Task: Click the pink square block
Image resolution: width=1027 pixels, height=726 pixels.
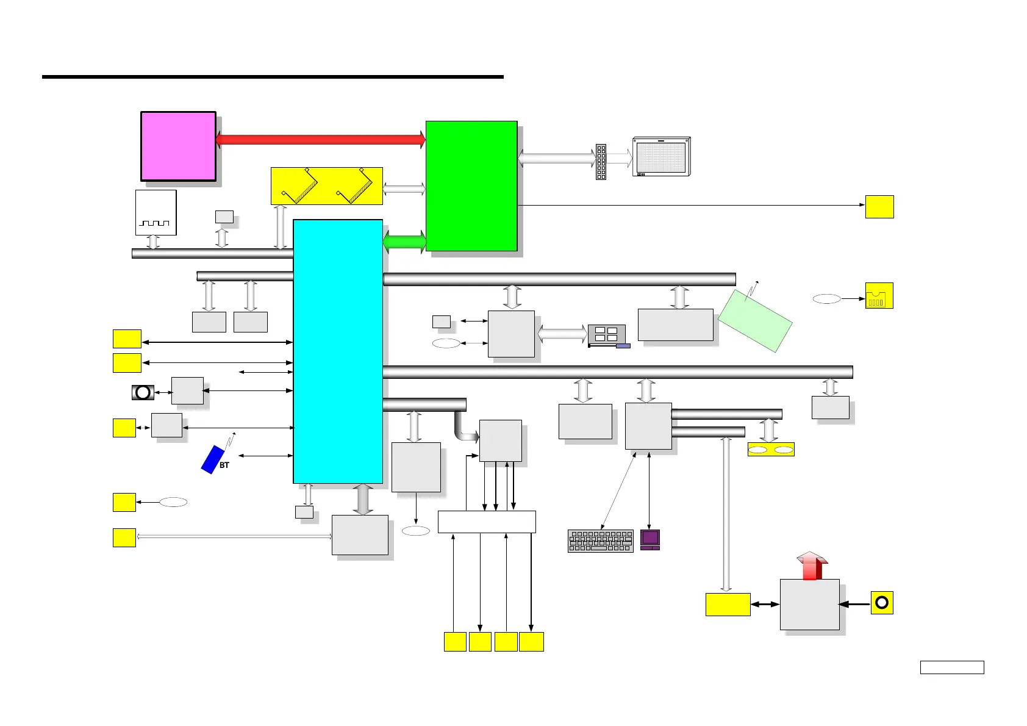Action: click(178, 146)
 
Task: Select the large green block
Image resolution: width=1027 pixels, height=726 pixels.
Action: click(471, 185)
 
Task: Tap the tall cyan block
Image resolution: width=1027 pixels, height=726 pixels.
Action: click(338, 351)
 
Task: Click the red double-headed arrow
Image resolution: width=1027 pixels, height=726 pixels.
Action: click(320, 139)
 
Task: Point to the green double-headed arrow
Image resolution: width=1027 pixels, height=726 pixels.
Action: click(404, 242)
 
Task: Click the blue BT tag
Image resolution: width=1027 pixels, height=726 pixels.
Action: click(213, 459)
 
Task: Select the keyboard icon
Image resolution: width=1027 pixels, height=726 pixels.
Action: click(601, 541)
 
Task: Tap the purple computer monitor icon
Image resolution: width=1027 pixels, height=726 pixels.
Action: click(650, 539)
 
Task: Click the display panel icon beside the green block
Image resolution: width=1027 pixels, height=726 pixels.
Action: click(662, 157)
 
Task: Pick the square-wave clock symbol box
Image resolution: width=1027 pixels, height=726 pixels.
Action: click(156, 212)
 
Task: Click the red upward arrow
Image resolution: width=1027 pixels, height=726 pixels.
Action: click(812, 566)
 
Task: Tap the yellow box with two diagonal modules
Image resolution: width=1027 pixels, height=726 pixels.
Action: click(327, 186)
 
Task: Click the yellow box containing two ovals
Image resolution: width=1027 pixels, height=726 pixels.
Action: click(771, 450)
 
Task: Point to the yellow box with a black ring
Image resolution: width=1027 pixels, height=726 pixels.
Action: click(882, 603)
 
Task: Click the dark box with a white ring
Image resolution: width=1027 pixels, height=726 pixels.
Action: click(143, 392)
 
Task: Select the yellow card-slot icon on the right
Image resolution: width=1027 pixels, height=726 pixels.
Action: click(879, 296)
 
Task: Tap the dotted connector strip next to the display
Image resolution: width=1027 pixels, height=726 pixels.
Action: click(601, 162)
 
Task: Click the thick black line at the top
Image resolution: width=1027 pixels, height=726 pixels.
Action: click(273, 77)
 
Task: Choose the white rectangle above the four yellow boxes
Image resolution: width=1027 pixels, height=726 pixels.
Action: click(487, 522)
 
